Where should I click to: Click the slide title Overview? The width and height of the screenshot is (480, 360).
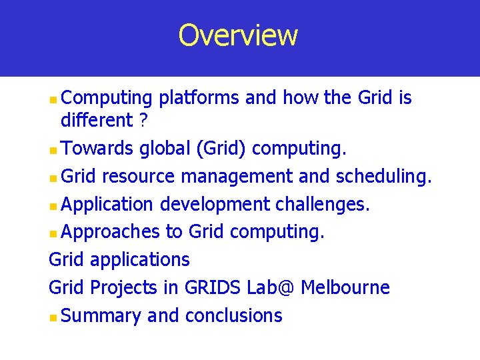click(x=238, y=35)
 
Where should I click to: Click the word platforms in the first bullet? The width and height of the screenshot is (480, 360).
click(x=199, y=99)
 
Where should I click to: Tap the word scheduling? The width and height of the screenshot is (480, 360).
click(x=384, y=177)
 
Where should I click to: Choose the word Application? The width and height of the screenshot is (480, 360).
click(x=107, y=204)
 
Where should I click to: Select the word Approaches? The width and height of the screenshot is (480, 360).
click(x=110, y=232)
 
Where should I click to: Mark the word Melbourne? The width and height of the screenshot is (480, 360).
click(x=345, y=288)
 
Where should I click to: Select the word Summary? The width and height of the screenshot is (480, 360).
click(x=101, y=316)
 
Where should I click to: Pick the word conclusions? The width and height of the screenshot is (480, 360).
click(x=233, y=316)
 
